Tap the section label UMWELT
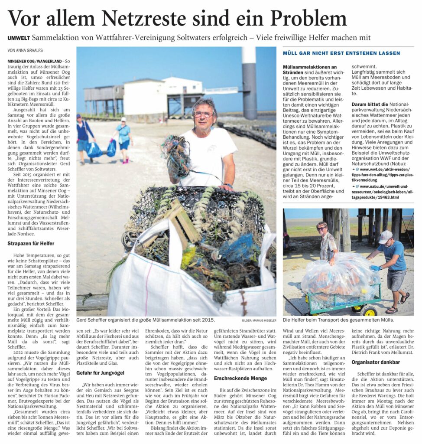tap(19, 38)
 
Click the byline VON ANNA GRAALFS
tap(25, 50)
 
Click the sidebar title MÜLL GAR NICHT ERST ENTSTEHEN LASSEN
tap(341, 53)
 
